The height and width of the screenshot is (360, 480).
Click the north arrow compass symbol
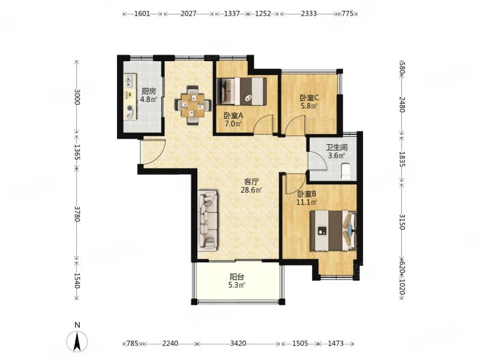(78, 340)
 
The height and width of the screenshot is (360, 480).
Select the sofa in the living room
(208, 219)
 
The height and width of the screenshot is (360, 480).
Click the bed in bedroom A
(242, 91)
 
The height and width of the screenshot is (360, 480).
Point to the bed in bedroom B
(334, 230)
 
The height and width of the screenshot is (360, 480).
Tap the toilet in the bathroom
(346, 172)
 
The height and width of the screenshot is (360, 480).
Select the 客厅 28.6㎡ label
(251, 186)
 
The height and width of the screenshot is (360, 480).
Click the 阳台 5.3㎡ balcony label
(237, 281)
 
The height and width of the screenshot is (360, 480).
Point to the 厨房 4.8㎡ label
(149, 95)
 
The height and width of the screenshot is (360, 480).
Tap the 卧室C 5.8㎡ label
(309, 101)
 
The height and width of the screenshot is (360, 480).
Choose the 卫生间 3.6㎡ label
(336, 151)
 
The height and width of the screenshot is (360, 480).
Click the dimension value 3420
(238, 343)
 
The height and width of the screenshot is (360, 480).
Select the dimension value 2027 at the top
(188, 14)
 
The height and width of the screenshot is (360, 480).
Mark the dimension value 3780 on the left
(77, 214)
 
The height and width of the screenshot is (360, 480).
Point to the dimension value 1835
(402, 159)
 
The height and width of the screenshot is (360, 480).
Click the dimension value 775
(347, 14)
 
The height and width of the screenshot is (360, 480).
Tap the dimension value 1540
(77, 281)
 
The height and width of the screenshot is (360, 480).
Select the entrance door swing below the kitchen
(153, 152)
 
